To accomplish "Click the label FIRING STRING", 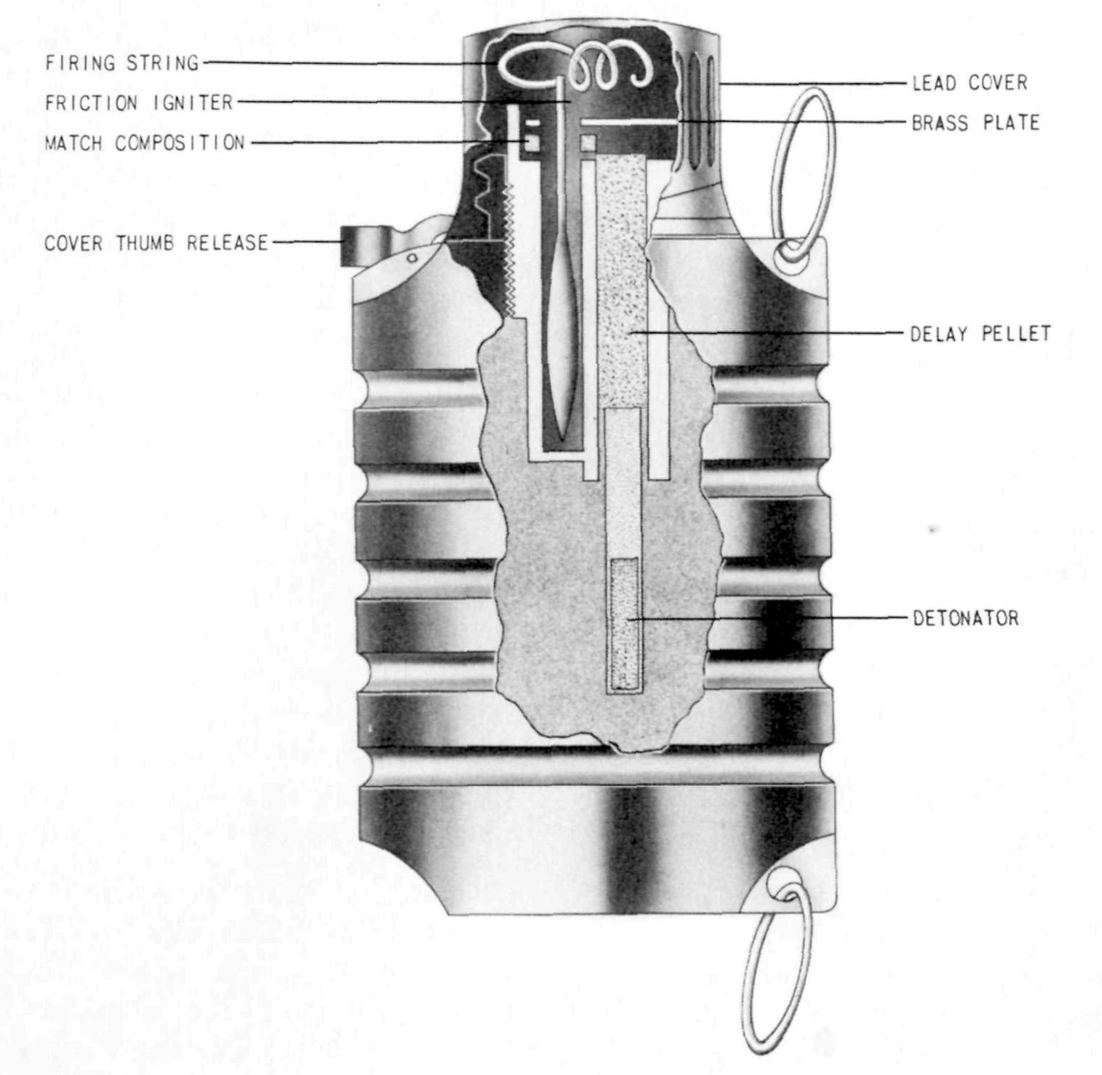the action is tap(122, 63).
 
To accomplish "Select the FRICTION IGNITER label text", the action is tap(139, 103).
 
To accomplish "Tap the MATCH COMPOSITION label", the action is tap(145, 143).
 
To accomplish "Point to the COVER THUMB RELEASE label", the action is tap(156, 243).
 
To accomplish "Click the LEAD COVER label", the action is tap(969, 83).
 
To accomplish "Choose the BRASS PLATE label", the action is tap(975, 123).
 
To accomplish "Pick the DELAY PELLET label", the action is tap(980, 334).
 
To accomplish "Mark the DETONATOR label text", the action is tap(965, 618).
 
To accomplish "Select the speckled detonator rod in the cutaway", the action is tap(624, 624).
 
